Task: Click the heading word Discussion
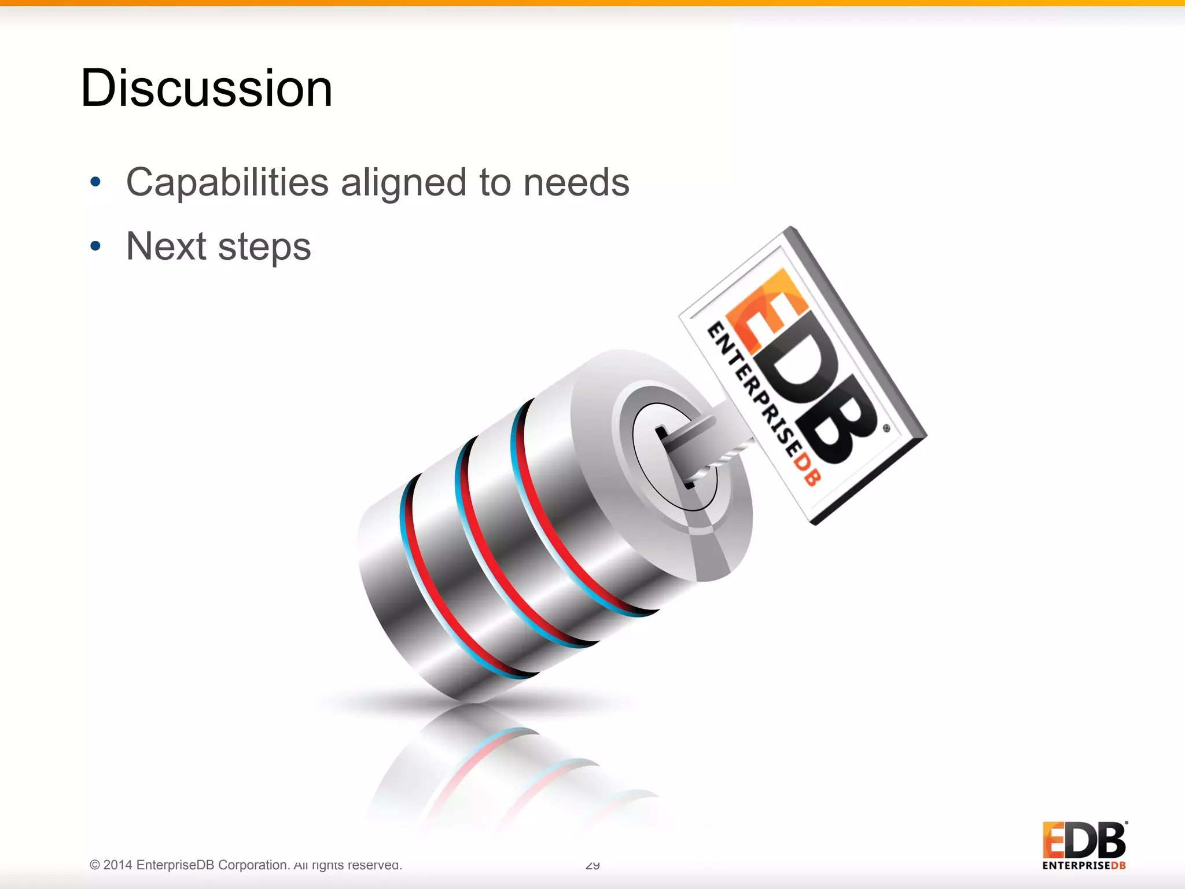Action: tap(207, 88)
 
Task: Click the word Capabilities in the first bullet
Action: tap(227, 183)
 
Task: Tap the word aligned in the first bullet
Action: tap(403, 183)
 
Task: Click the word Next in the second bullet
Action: tap(166, 247)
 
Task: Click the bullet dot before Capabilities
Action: tap(95, 182)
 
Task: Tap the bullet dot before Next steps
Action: tap(95, 247)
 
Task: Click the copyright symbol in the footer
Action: tap(95, 865)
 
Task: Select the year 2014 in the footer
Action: tap(118, 865)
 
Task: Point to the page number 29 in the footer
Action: tap(592, 865)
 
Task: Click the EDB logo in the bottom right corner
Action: tap(1084, 840)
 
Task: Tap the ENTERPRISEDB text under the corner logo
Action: tap(1084, 866)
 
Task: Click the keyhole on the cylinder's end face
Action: tap(674, 457)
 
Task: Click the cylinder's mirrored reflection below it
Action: tap(509, 770)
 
